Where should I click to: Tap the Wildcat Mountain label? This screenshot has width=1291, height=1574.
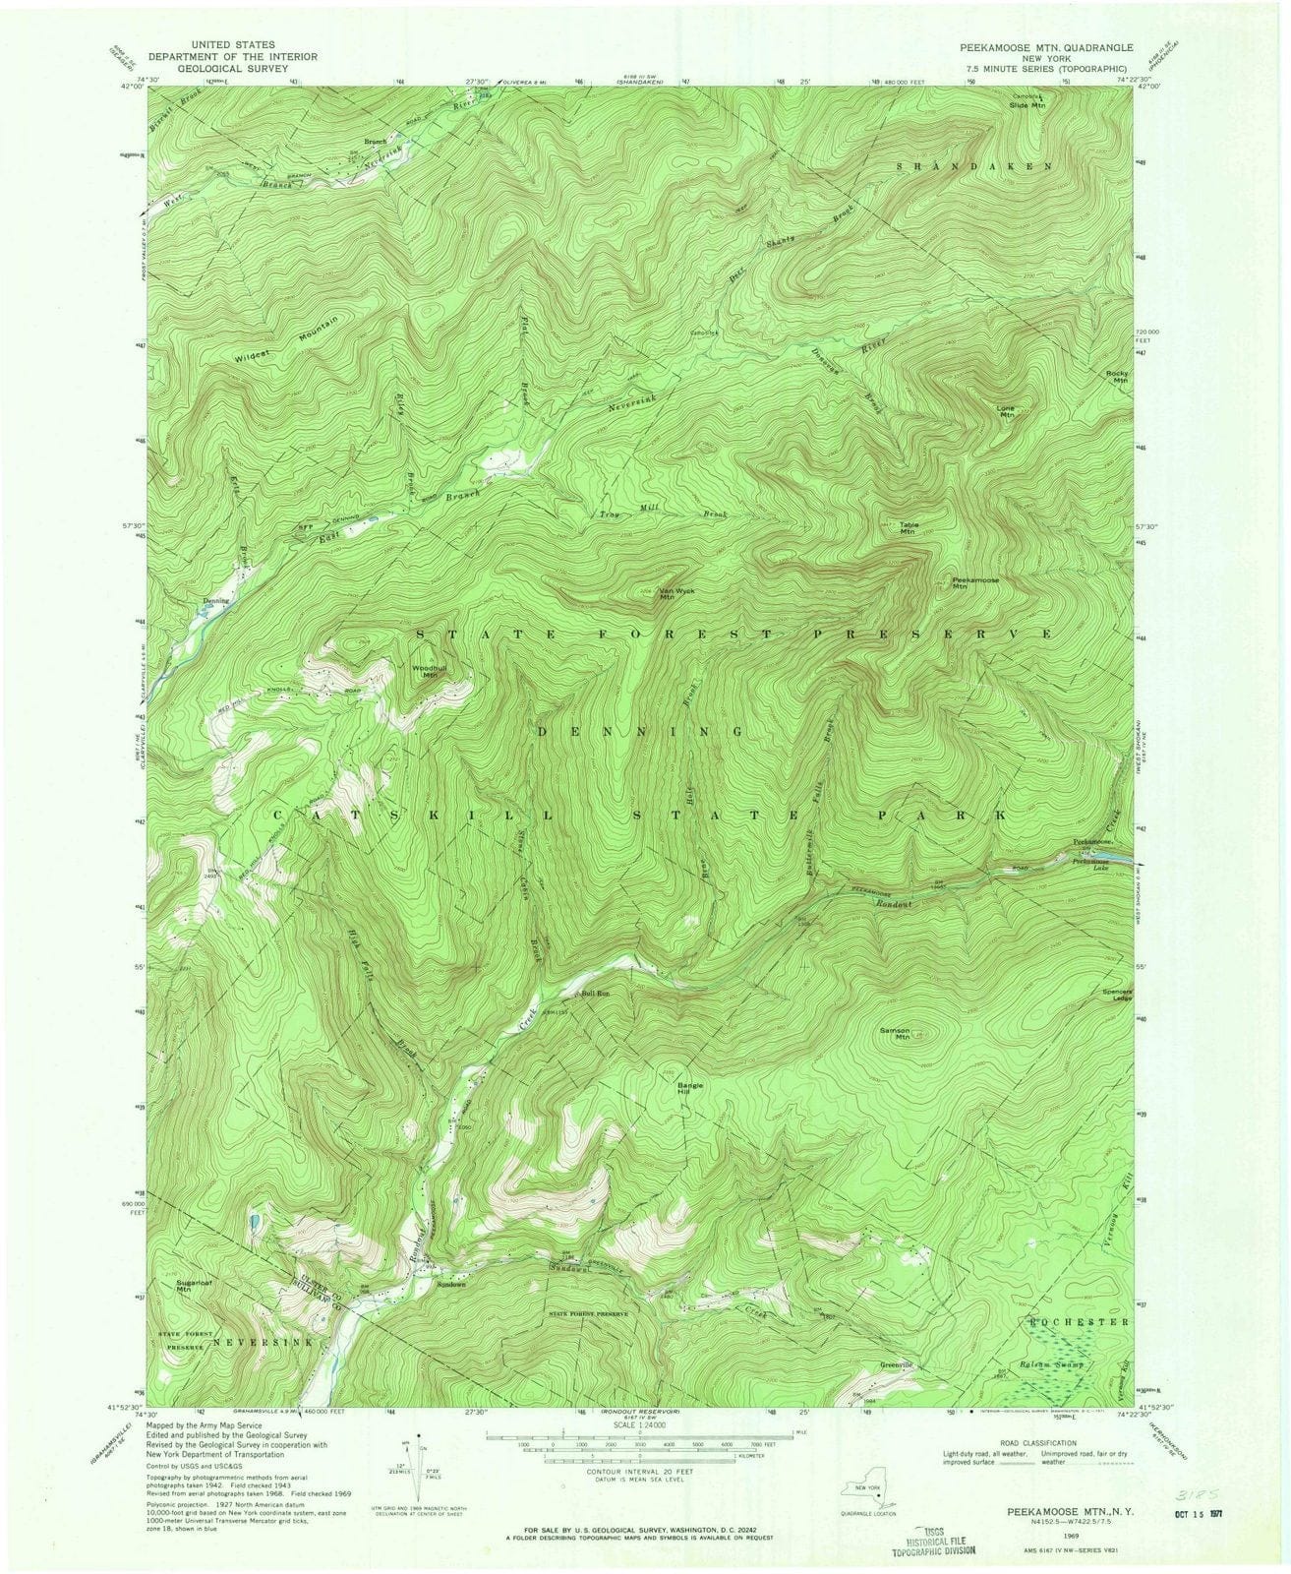click(292, 339)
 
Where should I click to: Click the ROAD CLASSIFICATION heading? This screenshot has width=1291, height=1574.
click(1027, 1441)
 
